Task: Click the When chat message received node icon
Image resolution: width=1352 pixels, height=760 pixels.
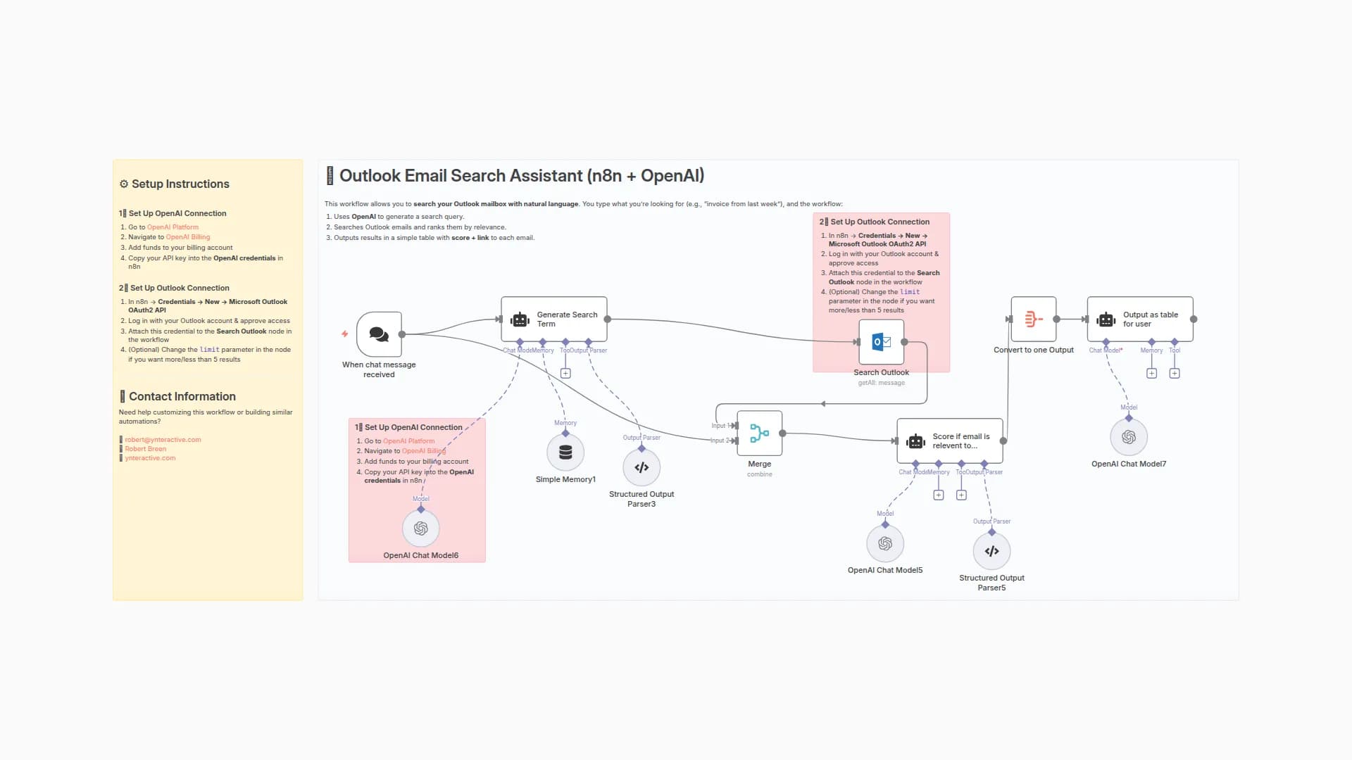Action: (379, 334)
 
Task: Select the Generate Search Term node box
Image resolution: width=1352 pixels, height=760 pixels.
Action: (554, 319)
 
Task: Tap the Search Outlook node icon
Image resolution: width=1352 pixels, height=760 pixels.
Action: (881, 342)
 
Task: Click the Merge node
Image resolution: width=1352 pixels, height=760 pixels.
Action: (759, 433)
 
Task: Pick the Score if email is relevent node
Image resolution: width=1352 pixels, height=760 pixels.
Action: (949, 441)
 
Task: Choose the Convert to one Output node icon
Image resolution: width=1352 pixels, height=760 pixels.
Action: (1033, 319)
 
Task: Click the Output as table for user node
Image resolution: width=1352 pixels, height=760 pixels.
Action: (1139, 319)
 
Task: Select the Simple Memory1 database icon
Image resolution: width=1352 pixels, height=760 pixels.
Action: (565, 452)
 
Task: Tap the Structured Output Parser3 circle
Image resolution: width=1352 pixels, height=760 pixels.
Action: (641, 467)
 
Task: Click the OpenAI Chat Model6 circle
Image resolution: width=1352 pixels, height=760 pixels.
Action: (420, 528)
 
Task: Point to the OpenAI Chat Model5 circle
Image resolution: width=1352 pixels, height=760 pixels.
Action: (885, 544)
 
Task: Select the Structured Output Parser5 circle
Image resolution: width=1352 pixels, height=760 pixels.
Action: (991, 551)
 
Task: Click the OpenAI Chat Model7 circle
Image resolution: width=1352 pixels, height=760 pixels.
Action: (1129, 437)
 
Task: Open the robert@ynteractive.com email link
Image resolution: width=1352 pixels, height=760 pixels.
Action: (163, 440)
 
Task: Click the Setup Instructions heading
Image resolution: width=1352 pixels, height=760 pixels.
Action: (180, 184)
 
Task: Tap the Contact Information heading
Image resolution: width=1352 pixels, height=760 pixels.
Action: (182, 397)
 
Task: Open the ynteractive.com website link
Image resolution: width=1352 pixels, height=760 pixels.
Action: (150, 458)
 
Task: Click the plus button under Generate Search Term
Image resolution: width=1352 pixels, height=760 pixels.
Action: (565, 374)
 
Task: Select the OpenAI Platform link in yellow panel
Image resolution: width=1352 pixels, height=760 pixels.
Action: (173, 227)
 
